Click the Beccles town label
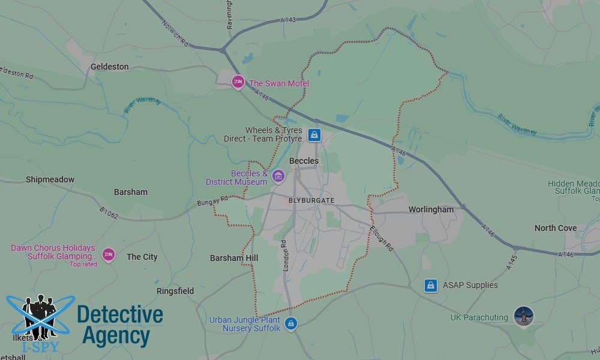click(304, 161)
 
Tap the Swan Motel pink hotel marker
click(238, 82)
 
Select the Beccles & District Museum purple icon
click(277, 176)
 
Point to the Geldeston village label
click(109, 67)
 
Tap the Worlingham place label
click(431, 209)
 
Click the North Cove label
click(555, 228)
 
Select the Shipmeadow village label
click(50, 179)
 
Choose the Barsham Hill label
click(233, 258)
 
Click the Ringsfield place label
click(175, 291)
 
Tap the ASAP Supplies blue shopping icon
click(430, 285)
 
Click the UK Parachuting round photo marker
click(524, 316)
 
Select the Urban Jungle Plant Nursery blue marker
click(291, 323)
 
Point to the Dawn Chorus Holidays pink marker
click(108, 255)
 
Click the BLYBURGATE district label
click(311, 200)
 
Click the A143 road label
click(288, 20)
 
